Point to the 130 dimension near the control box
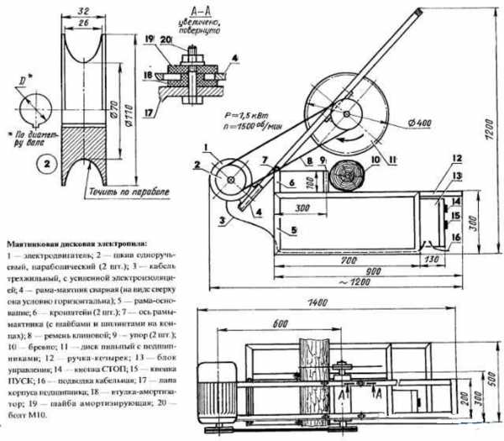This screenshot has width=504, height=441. point(433,261)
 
